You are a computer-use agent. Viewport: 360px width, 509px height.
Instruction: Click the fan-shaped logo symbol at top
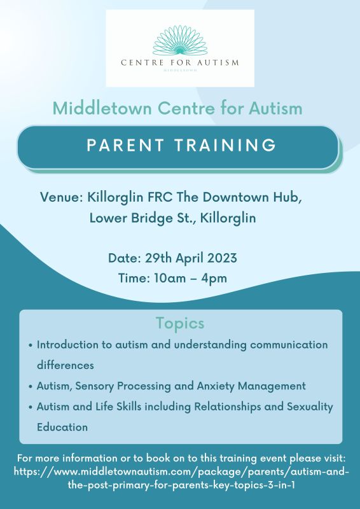click(180, 40)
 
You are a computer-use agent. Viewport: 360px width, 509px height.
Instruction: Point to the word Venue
click(59, 197)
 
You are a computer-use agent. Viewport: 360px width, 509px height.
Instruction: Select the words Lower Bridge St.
click(142, 218)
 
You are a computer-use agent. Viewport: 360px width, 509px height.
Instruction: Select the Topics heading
click(180, 323)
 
